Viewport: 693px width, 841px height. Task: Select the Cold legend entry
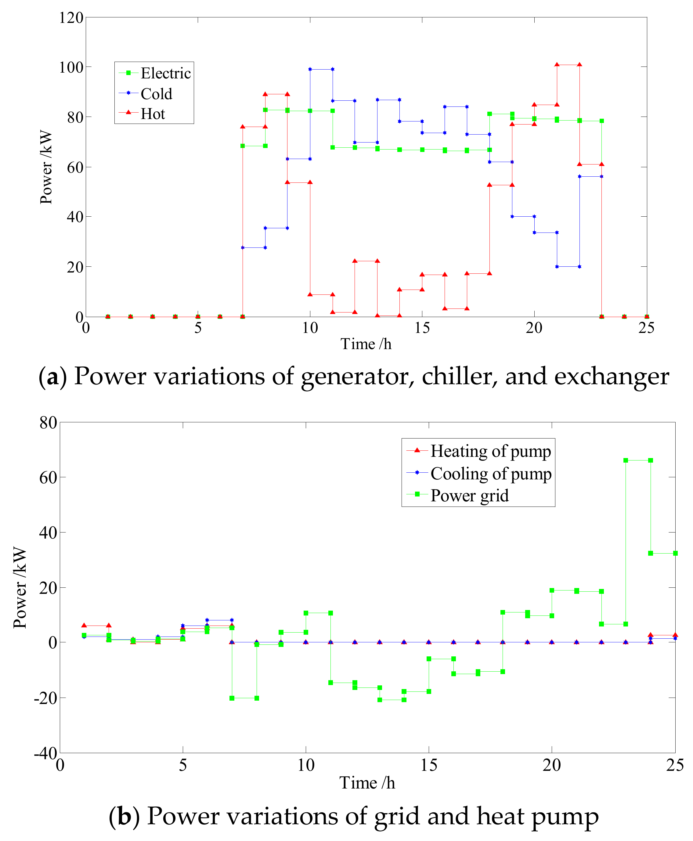tap(156, 94)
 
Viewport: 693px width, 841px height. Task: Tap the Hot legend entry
tap(153, 114)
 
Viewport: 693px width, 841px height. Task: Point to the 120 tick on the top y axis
tap(71, 18)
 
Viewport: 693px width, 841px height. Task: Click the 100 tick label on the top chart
tap(71, 67)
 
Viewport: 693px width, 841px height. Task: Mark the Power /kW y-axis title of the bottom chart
tap(20, 588)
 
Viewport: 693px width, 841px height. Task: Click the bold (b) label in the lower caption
tap(124, 816)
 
